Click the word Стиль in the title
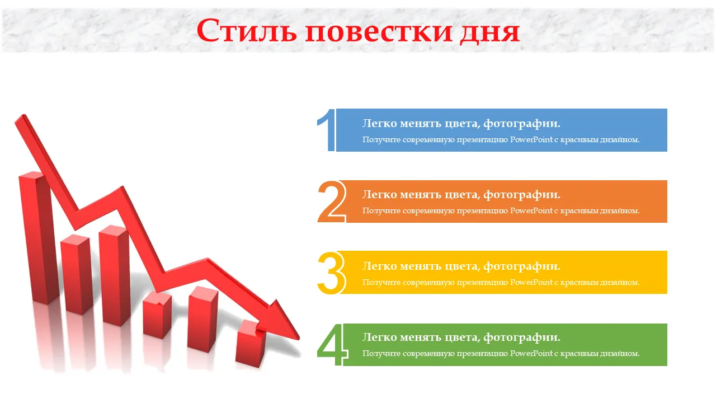(x=247, y=31)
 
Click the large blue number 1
(x=326, y=130)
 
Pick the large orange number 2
(x=332, y=201)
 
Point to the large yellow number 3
(x=331, y=273)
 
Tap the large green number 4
(x=332, y=345)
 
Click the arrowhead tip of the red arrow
(x=299, y=338)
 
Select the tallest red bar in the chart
(x=39, y=238)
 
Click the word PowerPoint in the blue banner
(x=531, y=140)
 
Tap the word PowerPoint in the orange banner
(x=531, y=211)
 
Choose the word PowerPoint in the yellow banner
(x=531, y=283)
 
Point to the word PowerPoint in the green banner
(x=531, y=353)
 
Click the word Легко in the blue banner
(x=379, y=124)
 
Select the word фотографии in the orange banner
(x=522, y=195)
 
